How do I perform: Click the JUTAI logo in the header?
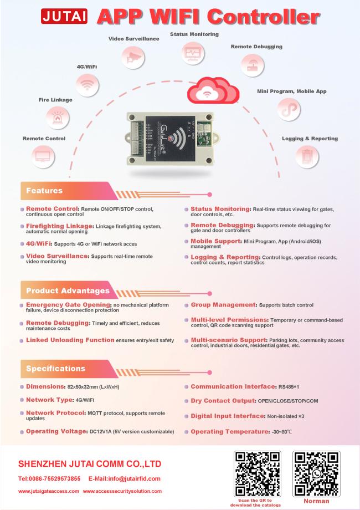tap(64, 16)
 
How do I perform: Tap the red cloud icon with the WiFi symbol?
tap(213, 90)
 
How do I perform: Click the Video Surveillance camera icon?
tap(133, 57)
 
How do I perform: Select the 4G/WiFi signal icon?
tap(87, 85)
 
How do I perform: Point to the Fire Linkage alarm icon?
tap(58, 118)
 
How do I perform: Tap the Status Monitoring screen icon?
tap(193, 53)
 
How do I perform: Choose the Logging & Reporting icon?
tap(307, 157)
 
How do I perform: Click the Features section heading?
tap(44, 191)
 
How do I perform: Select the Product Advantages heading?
tap(68, 291)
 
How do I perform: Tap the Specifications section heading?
tap(55, 369)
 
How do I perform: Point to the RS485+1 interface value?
tap(289, 387)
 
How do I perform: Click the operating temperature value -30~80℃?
tap(282, 432)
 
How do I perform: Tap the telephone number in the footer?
tap(49, 479)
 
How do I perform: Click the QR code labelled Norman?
tap(316, 474)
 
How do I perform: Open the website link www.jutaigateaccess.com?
tap(48, 491)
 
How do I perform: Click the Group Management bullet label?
tap(224, 305)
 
